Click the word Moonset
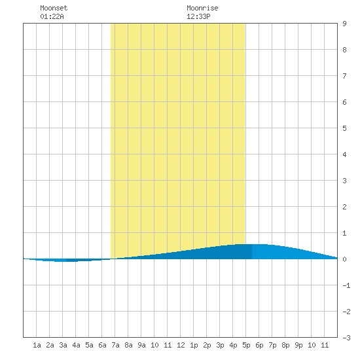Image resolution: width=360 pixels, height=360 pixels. tap(54, 8)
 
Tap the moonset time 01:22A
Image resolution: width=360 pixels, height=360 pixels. tap(52, 16)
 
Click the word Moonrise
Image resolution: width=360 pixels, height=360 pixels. tap(202, 8)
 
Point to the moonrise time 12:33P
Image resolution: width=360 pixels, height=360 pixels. tap(198, 16)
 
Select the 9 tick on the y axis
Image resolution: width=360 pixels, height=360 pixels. tap(344, 24)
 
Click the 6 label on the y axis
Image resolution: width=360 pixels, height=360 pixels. tap(344, 102)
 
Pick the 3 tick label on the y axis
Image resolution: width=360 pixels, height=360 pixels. tap(344, 181)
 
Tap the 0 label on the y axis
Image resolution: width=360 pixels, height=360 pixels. tap(344, 259)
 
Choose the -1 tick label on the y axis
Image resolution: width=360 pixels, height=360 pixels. tap(346, 285)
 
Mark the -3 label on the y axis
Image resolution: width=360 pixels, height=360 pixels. tap(346, 338)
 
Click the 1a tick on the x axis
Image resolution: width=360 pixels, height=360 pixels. tap(37, 345)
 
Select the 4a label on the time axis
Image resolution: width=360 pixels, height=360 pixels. tap(76, 345)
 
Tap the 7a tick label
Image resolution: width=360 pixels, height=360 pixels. tap(115, 345)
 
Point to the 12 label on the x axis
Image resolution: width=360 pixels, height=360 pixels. tap(181, 345)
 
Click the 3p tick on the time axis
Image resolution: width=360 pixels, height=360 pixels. tap(220, 345)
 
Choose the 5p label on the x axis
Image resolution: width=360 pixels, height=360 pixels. tap(246, 345)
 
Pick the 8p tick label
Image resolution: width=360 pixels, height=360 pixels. tap(285, 345)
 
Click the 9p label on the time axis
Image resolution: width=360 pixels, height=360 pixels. tap(298, 345)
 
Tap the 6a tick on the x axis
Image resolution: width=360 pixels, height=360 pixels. tap(102, 345)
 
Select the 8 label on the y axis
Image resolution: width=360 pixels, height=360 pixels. tap(344, 50)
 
